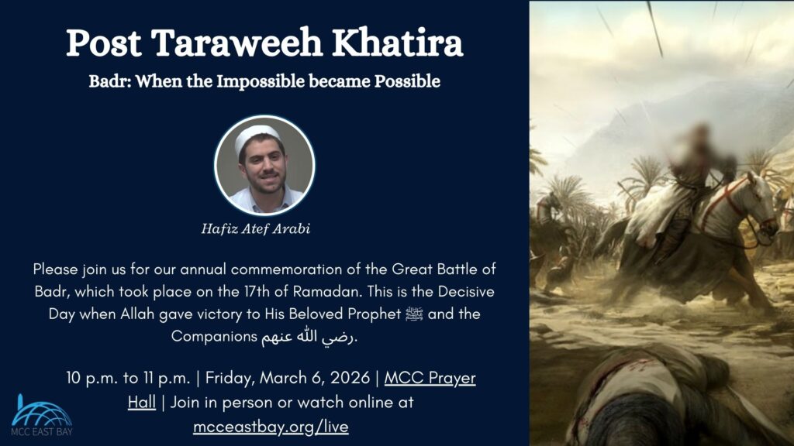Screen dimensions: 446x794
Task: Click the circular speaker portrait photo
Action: [x=264, y=165]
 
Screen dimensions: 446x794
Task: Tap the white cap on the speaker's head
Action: [x=257, y=132]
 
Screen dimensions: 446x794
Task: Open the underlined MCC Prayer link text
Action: [x=430, y=379]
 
